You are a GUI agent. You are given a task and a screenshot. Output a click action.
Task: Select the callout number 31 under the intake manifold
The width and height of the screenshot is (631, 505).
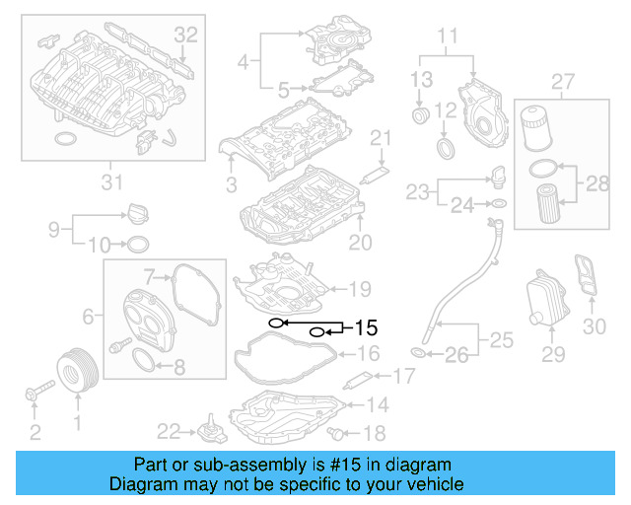[111, 181]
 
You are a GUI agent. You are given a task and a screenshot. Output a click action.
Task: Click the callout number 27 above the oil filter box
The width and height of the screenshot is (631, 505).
[562, 80]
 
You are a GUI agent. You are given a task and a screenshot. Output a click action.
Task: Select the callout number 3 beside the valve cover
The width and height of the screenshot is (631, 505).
[232, 184]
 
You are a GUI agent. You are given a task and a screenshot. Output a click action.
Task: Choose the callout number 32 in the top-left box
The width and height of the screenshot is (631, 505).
[185, 35]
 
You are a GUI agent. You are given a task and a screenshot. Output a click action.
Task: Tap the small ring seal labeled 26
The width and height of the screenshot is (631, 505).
[418, 352]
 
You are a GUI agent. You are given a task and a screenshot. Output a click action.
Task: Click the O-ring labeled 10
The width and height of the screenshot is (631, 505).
[138, 245]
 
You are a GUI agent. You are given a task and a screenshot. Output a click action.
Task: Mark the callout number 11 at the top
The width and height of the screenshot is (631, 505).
[449, 36]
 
